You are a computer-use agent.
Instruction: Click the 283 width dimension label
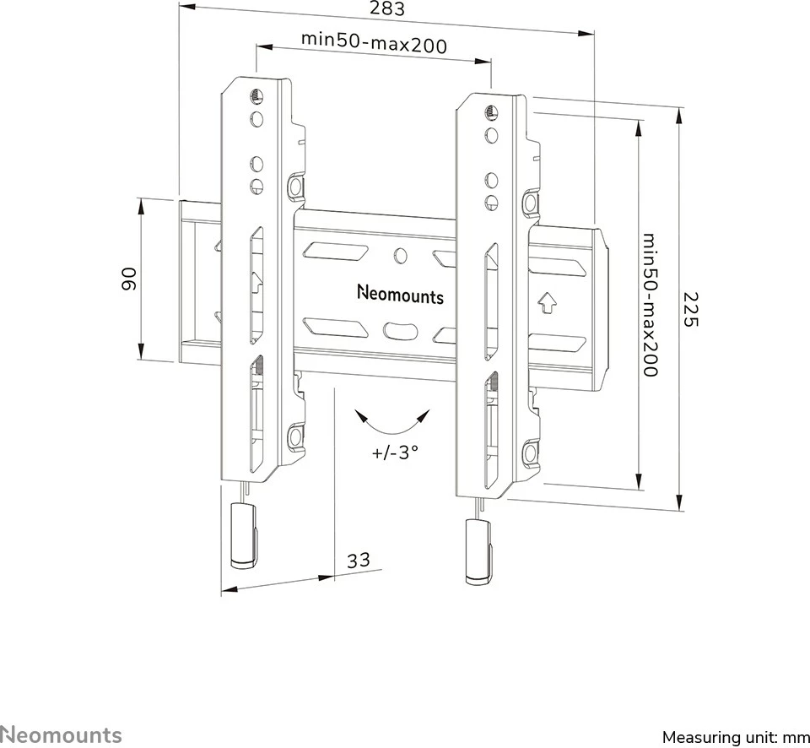pyautogui.click(x=386, y=10)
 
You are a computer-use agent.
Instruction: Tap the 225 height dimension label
pyautogui.click(x=691, y=311)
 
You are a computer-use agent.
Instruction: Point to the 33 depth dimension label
pyautogui.click(x=359, y=560)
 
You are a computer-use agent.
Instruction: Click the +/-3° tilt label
pyautogui.click(x=395, y=452)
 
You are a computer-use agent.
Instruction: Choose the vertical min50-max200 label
pyautogui.click(x=649, y=305)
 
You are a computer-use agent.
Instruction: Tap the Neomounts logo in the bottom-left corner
pyautogui.click(x=61, y=734)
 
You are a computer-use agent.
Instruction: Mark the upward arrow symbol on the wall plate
pyautogui.click(x=546, y=301)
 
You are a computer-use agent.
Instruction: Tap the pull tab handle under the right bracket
pyautogui.click(x=477, y=550)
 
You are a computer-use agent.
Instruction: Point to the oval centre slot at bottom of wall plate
pyautogui.click(x=401, y=329)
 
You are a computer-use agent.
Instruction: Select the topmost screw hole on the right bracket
pyautogui.click(x=489, y=112)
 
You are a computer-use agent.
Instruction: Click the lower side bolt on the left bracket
pyautogui.click(x=295, y=436)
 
